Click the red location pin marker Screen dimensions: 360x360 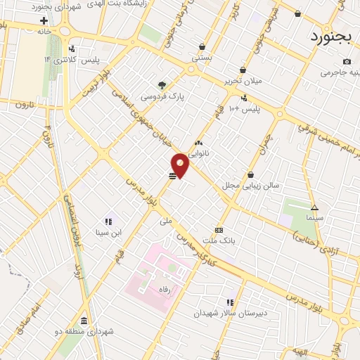(x=181, y=165)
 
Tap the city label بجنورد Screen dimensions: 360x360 (x=330, y=35)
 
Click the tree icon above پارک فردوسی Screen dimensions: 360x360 (x=162, y=84)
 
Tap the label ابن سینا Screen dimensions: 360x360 (x=109, y=232)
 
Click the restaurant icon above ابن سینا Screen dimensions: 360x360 (x=108, y=221)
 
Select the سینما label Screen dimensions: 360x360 (x=314, y=218)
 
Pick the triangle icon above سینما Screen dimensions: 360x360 (x=314, y=207)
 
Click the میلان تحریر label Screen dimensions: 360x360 (x=242, y=81)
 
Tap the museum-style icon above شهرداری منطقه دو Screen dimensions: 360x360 (x=84, y=320)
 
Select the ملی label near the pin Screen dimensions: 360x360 (x=166, y=220)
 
